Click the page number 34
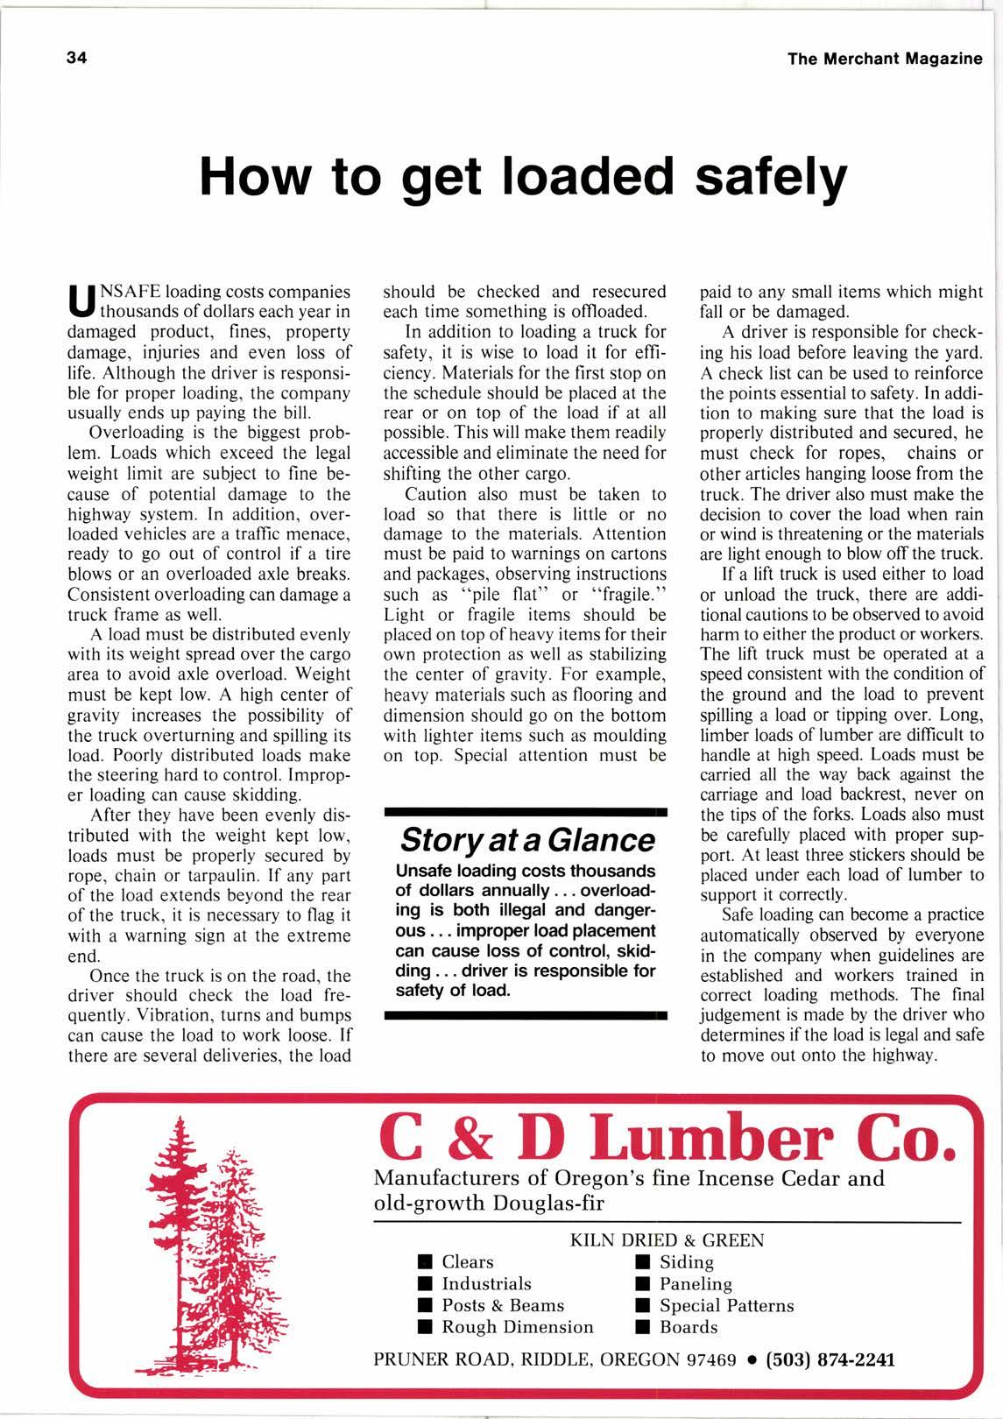pyautogui.click(x=76, y=58)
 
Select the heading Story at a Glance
pyautogui.click(x=526, y=839)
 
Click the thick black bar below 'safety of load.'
pyautogui.click(x=526, y=1016)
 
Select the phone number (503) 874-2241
pyautogui.click(x=830, y=1359)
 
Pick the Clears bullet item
pyautogui.click(x=467, y=1261)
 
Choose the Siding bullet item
pyautogui.click(x=686, y=1261)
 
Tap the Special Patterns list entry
pyautogui.click(x=726, y=1305)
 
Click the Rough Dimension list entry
pyautogui.click(x=517, y=1327)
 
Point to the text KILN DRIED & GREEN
pyautogui.click(x=667, y=1240)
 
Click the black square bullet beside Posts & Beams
pyautogui.click(x=425, y=1306)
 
